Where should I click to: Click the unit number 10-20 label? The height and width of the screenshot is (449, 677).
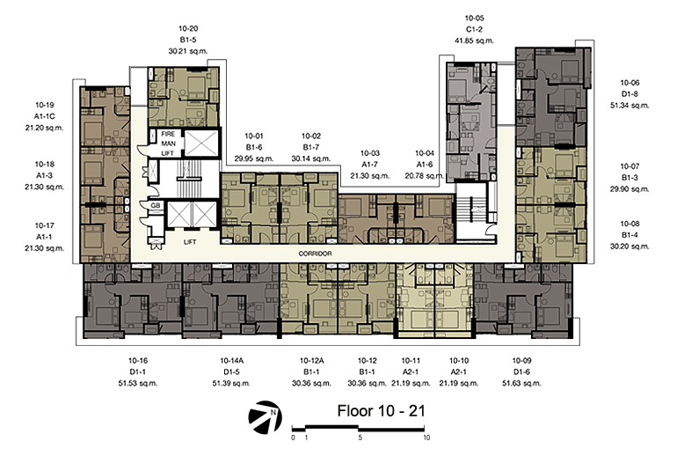(188, 28)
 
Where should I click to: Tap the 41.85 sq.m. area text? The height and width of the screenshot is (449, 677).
(474, 40)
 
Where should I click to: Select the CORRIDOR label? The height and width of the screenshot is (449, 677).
(315, 254)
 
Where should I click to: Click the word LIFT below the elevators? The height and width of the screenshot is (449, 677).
(190, 242)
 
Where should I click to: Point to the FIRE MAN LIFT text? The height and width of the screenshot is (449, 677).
(168, 144)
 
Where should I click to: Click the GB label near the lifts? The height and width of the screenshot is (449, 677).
(156, 206)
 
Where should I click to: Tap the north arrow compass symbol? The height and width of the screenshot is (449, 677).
(266, 417)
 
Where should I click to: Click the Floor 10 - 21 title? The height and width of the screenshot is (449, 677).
(382, 410)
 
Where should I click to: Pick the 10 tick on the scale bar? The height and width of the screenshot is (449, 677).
(426, 438)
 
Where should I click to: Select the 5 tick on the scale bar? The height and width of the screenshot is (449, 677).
(360, 438)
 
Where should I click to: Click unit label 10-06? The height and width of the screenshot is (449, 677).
(630, 83)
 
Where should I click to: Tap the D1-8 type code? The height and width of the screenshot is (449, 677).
(630, 94)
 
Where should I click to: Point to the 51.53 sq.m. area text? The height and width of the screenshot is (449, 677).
(138, 383)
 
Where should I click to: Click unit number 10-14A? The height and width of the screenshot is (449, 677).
(232, 360)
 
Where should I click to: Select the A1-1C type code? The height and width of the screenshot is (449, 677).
(45, 116)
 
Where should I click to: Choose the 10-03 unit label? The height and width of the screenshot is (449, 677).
(370, 153)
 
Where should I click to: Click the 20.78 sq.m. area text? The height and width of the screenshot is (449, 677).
(425, 176)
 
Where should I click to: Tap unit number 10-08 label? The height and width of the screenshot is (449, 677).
(630, 224)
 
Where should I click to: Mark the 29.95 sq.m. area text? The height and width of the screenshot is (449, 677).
(254, 158)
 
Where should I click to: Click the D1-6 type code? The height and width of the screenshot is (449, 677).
(521, 372)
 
